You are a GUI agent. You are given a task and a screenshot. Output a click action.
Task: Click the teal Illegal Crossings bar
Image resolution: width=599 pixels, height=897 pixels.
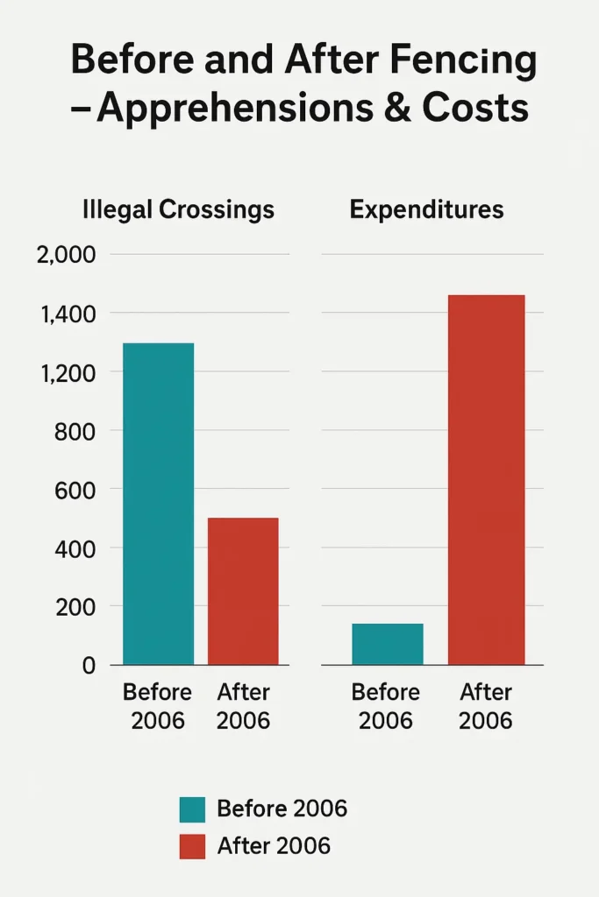click(x=158, y=504)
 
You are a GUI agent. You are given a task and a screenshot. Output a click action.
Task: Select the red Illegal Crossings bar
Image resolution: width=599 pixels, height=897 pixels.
click(x=243, y=591)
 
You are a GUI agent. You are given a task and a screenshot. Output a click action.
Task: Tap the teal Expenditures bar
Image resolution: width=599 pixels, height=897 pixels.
click(x=387, y=644)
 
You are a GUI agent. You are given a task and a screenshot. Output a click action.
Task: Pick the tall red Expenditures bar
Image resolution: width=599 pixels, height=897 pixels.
click(x=486, y=480)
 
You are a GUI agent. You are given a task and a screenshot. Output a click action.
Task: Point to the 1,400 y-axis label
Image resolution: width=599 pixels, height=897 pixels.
click(x=64, y=314)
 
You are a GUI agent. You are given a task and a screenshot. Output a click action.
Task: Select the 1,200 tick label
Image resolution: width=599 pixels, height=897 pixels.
click(x=64, y=372)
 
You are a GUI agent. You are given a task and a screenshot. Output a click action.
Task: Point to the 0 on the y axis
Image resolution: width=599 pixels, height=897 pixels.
click(x=88, y=666)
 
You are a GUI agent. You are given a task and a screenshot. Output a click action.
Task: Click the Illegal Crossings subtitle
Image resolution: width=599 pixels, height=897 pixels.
click(x=178, y=210)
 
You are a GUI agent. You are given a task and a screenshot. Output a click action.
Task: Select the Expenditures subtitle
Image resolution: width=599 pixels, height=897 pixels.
click(x=426, y=210)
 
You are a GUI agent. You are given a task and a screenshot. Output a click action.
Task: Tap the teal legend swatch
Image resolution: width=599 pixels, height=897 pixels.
click(x=191, y=809)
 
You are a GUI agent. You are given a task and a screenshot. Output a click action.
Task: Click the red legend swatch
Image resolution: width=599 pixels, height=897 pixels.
click(x=191, y=846)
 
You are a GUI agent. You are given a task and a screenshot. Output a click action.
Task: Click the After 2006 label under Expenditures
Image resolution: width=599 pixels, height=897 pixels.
click(x=486, y=706)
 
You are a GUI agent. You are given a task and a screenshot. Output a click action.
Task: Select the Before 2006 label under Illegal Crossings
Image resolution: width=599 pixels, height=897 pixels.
click(x=157, y=706)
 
